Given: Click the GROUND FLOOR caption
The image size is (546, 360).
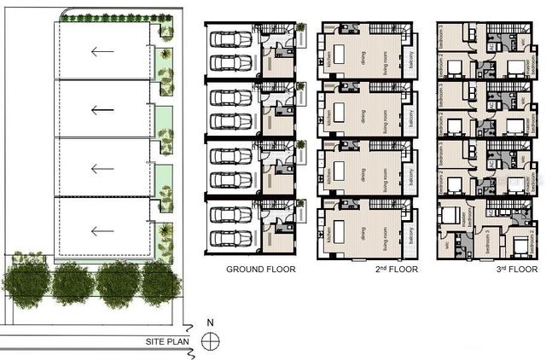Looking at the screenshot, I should coord(260,270).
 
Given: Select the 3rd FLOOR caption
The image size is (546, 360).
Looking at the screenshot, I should coord(485,270).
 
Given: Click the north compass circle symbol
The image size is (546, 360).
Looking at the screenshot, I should coord(210,341).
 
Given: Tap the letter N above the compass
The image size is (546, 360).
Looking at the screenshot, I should coord(210,323).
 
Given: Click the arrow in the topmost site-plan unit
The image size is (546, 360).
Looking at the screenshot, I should coord(102,51).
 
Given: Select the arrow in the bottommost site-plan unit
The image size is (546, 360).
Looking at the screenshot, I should coord(102,229).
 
